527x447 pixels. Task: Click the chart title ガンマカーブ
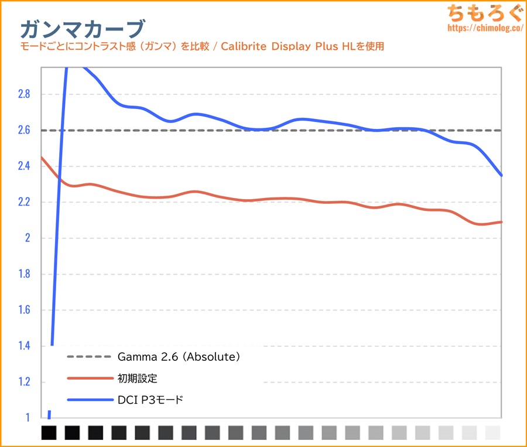(x=81, y=28)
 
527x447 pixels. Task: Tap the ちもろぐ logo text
(x=481, y=13)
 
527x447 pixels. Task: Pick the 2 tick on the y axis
(x=26, y=238)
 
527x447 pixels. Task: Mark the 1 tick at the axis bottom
(x=26, y=418)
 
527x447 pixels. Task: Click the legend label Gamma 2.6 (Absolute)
(x=179, y=356)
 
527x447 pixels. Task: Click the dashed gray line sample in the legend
(x=88, y=356)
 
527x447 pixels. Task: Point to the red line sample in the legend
(x=88, y=378)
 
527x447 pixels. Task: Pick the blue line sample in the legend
(x=88, y=400)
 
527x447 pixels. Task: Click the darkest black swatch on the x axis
(x=49, y=433)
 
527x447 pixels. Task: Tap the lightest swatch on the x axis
(x=493, y=433)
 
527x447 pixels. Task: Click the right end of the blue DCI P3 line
(x=501, y=175)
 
